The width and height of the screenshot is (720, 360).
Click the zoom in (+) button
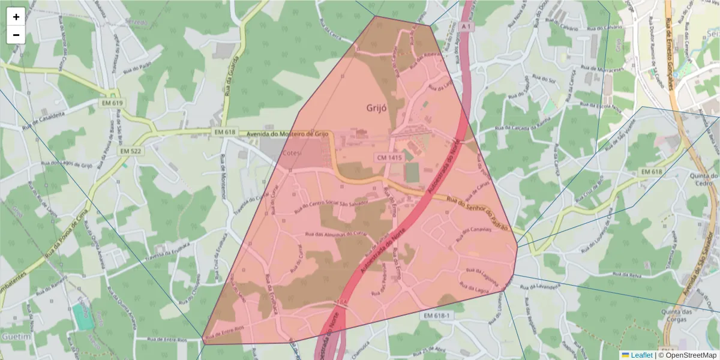pyautogui.click(x=16, y=17)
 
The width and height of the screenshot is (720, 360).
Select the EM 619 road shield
pyautogui.click(x=112, y=103)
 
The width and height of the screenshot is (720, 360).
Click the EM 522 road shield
pyautogui.click(x=130, y=151)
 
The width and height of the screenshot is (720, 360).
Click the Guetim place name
pyautogui.click(x=16, y=337)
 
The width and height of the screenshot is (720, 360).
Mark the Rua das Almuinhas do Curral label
pyautogui.click(x=335, y=235)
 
